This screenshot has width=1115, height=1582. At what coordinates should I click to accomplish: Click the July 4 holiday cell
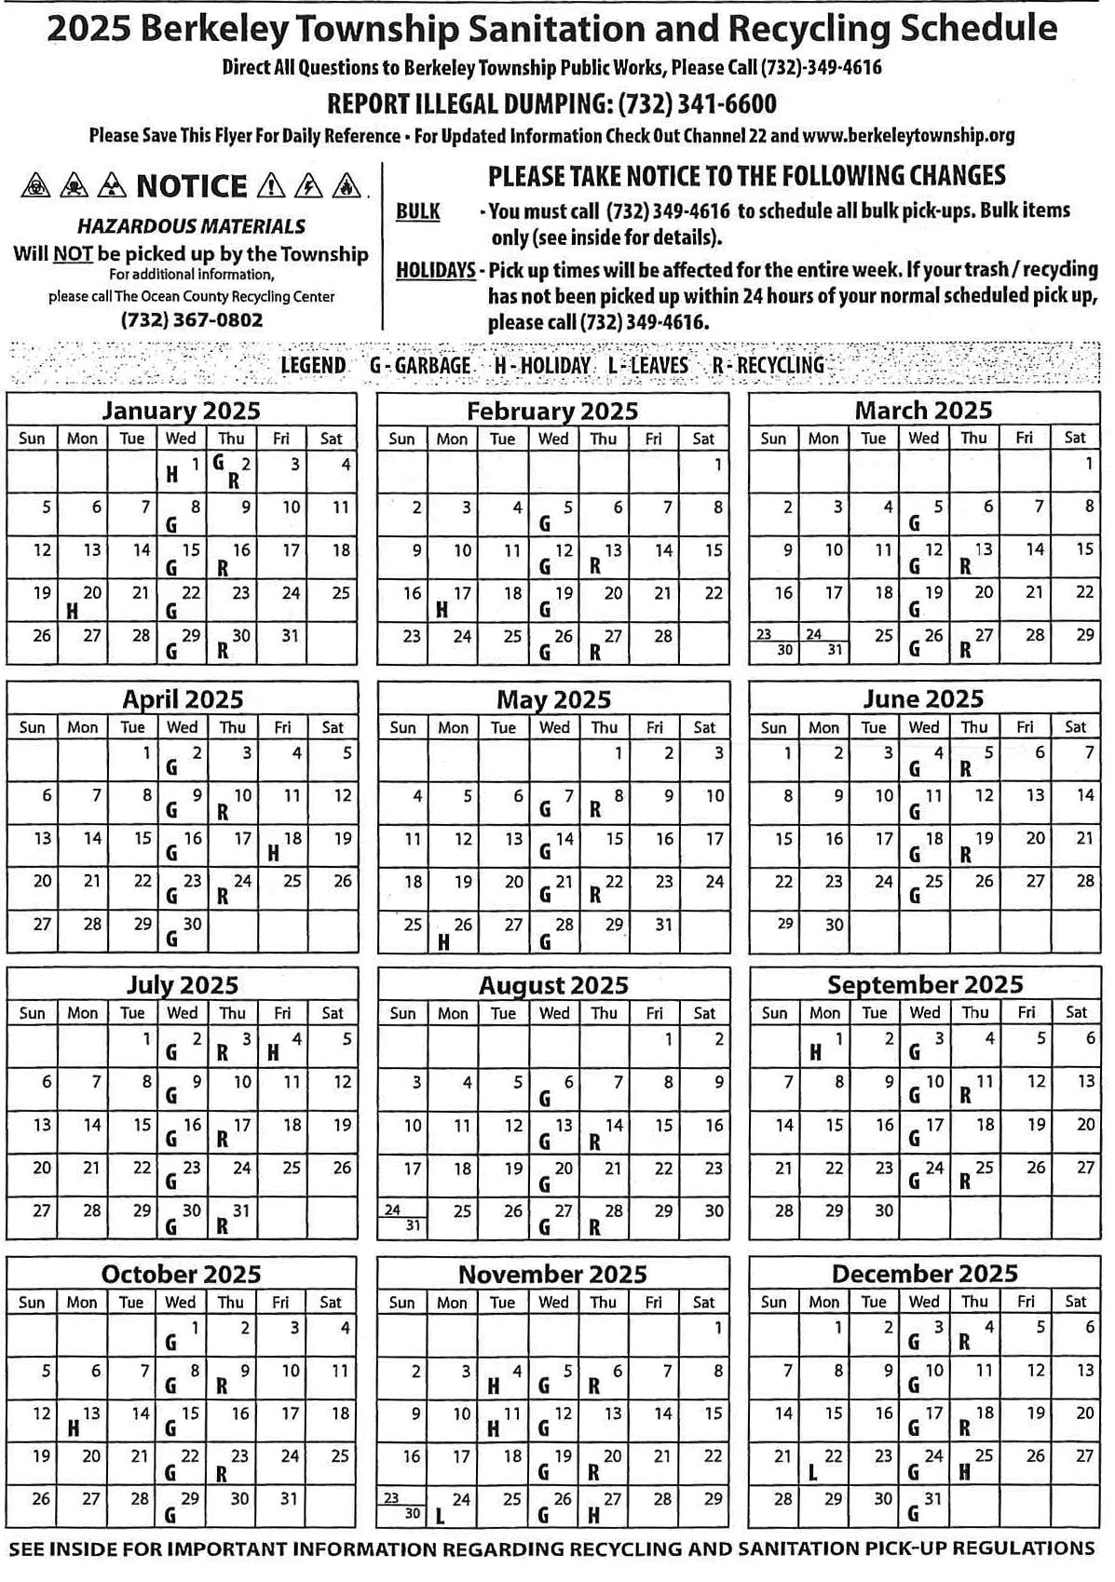(x=282, y=1046)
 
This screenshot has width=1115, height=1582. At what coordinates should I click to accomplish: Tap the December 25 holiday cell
(x=974, y=1463)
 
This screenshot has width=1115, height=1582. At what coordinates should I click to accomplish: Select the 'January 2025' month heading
(x=181, y=411)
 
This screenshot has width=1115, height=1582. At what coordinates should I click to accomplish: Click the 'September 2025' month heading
(x=924, y=984)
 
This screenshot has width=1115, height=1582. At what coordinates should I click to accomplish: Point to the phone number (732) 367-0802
(x=192, y=319)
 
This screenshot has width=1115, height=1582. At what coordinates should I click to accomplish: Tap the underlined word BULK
(x=417, y=211)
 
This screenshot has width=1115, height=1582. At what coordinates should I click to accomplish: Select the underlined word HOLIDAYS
(x=435, y=271)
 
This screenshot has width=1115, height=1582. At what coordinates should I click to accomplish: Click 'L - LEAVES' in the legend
(x=647, y=365)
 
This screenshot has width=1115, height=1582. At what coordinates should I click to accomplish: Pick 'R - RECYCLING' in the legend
(x=768, y=365)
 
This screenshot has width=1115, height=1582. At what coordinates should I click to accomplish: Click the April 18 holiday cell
(x=283, y=845)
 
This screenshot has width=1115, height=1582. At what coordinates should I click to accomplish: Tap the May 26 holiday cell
(x=454, y=932)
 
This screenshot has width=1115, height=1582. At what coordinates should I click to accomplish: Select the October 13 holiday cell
(x=82, y=1420)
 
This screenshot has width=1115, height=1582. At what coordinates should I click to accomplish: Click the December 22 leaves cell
(x=823, y=1463)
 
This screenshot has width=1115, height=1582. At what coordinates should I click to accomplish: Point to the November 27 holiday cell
(x=604, y=1506)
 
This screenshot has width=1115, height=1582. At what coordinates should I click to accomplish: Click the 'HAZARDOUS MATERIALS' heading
(x=191, y=226)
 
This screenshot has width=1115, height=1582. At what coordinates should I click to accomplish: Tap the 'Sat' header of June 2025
(x=1075, y=727)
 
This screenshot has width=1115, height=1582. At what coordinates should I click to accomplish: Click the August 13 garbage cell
(x=554, y=1132)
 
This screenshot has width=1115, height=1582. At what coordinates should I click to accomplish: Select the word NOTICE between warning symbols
(x=192, y=186)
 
